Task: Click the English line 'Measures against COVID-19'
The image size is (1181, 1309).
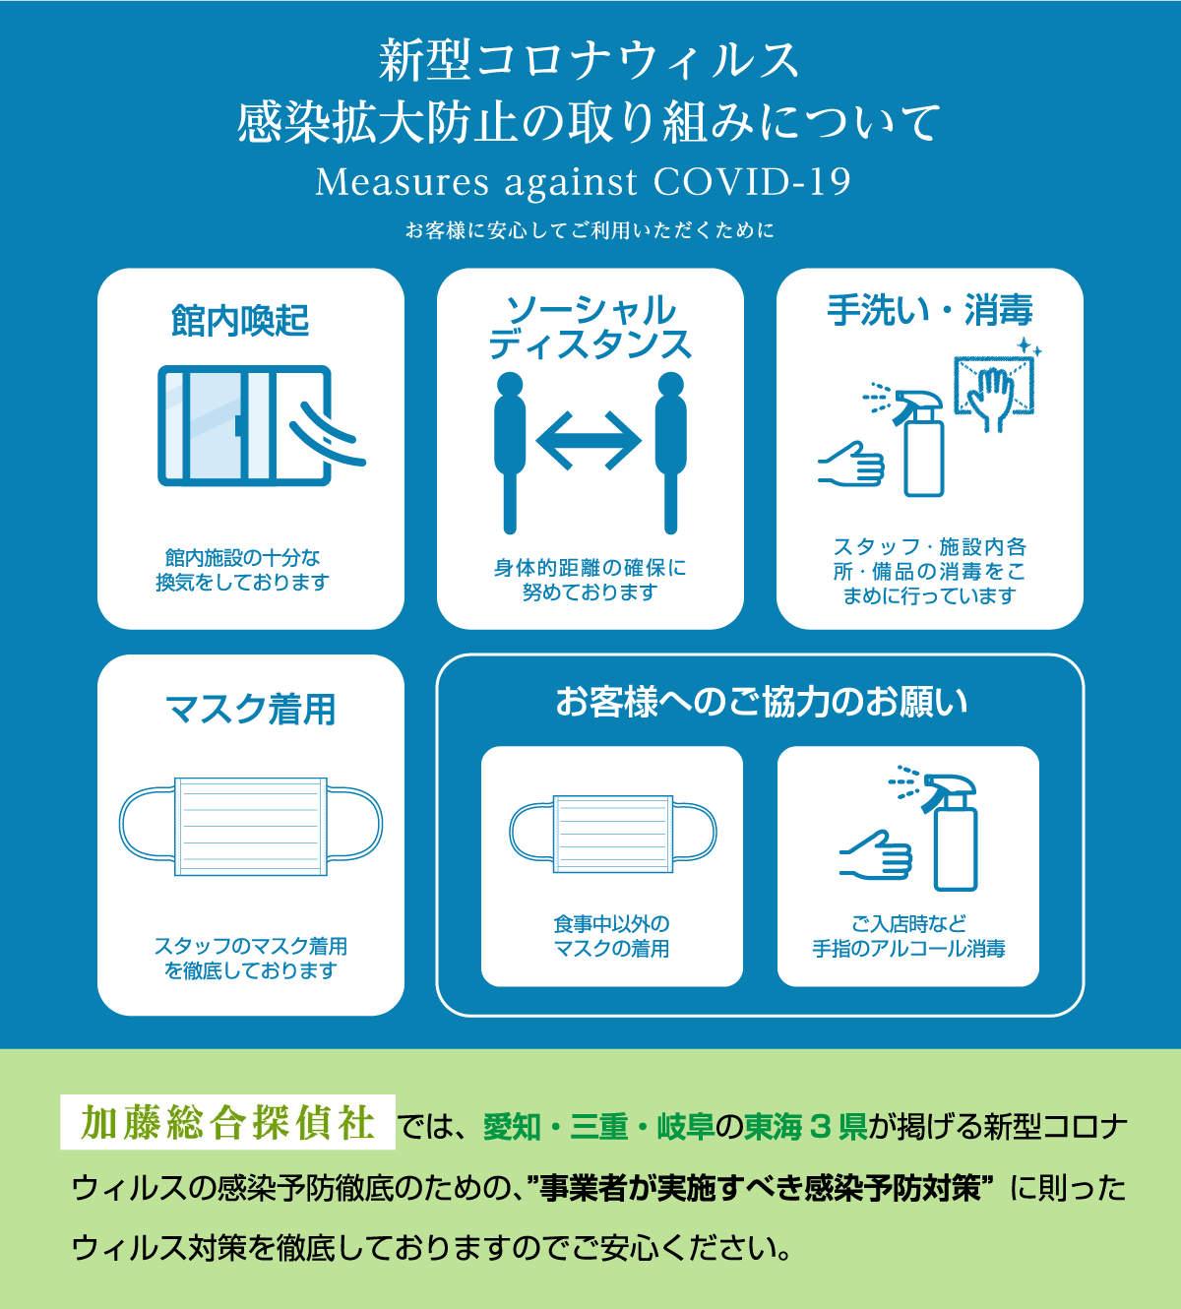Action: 583,182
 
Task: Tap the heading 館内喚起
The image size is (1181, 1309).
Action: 240,321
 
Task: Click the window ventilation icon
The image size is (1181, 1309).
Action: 261,425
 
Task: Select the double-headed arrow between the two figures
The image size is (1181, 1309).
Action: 589,441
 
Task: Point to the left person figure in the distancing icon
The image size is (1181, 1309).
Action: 510,453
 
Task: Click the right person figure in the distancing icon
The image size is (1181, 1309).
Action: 671,453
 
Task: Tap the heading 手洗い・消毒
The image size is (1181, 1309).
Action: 930,310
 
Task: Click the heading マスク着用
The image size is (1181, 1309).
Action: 251,710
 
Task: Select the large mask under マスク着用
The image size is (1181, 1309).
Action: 251,826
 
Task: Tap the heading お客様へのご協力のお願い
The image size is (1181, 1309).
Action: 762,702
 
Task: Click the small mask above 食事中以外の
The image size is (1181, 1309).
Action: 613,834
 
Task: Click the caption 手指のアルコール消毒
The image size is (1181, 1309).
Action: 909,948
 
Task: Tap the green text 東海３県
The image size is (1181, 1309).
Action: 806,1126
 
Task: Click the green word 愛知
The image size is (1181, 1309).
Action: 513,1126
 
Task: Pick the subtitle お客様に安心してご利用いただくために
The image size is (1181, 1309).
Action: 590,230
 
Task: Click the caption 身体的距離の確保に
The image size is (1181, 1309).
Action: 590,568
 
